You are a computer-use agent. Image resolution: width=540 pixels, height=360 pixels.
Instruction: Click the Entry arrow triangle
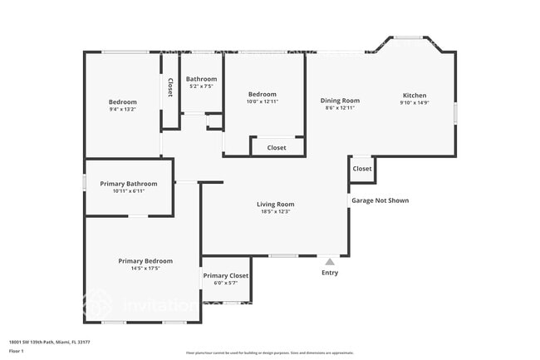[330, 261]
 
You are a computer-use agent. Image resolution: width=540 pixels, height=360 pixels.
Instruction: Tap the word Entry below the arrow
[330, 273]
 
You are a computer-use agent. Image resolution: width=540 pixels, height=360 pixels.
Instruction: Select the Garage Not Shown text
[380, 200]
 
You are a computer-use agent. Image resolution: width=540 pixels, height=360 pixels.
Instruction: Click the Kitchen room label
[414, 96]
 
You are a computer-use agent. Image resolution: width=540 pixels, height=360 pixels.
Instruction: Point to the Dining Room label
[340, 101]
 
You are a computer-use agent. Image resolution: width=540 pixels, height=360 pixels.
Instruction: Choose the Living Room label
[274, 204]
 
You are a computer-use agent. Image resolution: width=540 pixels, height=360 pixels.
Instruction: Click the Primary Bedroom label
[145, 260]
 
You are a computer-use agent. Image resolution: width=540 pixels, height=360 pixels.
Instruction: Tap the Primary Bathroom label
[129, 184]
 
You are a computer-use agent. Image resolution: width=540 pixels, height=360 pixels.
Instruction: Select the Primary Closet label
[226, 275]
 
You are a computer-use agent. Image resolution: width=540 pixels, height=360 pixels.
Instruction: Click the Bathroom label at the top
[201, 79]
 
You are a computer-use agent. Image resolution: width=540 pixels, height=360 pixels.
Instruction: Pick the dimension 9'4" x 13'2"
[122, 109]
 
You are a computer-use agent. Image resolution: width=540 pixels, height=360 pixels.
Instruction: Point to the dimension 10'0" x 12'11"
[262, 101]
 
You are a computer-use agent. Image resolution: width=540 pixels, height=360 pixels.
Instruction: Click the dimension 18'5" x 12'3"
[274, 211]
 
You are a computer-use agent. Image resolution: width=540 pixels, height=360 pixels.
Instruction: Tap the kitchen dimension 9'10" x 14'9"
[414, 103]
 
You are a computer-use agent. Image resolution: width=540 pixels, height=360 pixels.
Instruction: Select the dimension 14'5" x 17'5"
[145, 268]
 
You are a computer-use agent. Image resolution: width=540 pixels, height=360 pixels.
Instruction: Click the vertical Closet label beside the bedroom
[170, 87]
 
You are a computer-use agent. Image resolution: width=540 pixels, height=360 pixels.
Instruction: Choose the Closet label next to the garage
[362, 169]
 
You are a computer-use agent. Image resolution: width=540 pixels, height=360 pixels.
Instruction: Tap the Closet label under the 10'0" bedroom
[277, 147]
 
